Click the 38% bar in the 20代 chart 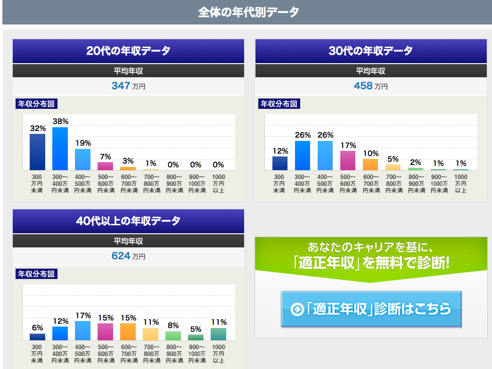pyautogui.click(x=60, y=148)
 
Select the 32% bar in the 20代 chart pyautogui.click(x=37, y=152)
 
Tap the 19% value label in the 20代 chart pyautogui.click(x=82, y=143)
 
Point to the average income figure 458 pyautogui.click(x=363, y=86)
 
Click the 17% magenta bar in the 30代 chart pyautogui.click(x=347, y=160)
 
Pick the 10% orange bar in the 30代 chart pyautogui.click(x=370, y=164)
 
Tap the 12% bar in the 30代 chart pyautogui.click(x=279, y=163)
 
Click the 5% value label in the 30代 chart pyautogui.click(x=393, y=159)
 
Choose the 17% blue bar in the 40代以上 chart pyautogui.click(x=82, y=331)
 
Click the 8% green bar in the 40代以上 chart pyautogui.click(x=173, y=336)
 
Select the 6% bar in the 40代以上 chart pyautogui.click(x=37, y=337)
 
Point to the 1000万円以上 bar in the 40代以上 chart pyautogui.click(x=218, y=334)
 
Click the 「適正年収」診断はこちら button pyautogui.click(x=371, y=309)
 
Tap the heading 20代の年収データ pyautogui.click(x=128, y=51)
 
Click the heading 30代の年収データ pyautogui.click(x=370, y=51)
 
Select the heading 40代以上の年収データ pyautogui.click(x=128, y=221)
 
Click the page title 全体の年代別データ pyautogui.click(x=248, y=12)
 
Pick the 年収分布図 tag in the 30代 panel pyautogui.click(x=279, y=104)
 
